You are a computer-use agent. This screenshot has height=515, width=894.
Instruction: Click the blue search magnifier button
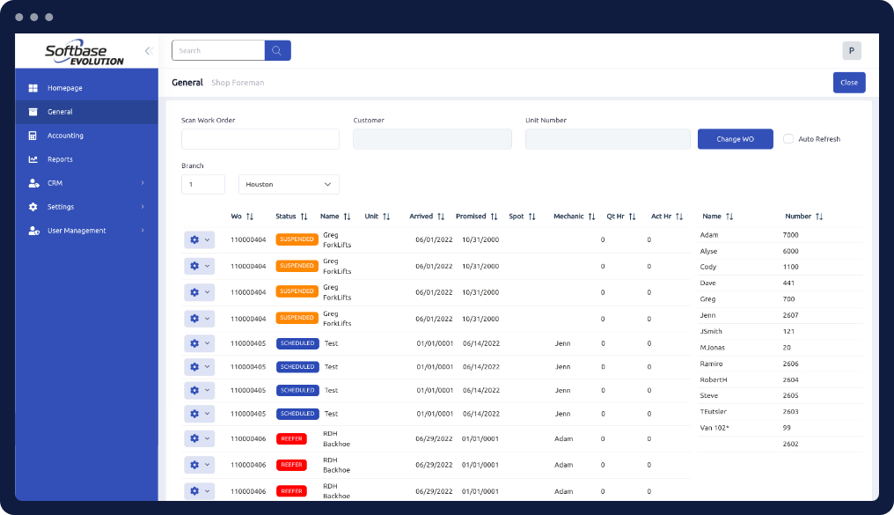(x=277, y=50)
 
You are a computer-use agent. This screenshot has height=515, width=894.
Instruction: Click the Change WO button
(x=735, y=139)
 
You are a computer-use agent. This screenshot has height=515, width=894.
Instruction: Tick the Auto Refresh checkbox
(x=788, y=139)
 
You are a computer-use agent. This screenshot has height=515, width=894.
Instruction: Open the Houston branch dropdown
(x=289, y=184)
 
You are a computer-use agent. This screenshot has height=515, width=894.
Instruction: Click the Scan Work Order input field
(x=260, y=139)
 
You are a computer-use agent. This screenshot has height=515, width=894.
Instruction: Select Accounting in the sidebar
(x=65, y=136)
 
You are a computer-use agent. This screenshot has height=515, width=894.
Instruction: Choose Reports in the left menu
(x=60, y=159)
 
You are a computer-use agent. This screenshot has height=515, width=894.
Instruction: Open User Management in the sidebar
(x=77, y=231)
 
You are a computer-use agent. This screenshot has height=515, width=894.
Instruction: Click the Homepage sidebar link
(x=64, y=88)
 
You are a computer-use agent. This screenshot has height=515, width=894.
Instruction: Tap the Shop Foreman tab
(x=238, y=83)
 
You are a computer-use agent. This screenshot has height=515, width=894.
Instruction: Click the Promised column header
(x=472, y=216)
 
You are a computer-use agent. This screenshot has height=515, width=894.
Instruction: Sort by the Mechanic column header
(x=568, y=216)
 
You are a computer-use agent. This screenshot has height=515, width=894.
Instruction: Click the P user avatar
(x=851, y=51)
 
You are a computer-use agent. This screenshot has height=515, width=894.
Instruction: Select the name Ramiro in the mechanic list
(x=712, y=363)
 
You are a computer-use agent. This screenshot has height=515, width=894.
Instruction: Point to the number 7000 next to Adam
(x=791, y=235)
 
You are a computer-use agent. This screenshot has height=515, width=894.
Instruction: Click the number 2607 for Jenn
(x=791, y=314)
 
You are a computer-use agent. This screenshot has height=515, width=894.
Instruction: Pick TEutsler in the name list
(x=714, y=411)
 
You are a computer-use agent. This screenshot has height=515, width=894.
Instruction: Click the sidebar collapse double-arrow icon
(x=149, y=51)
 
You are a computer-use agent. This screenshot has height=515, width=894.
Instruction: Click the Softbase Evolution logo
(x=84, y=54)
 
